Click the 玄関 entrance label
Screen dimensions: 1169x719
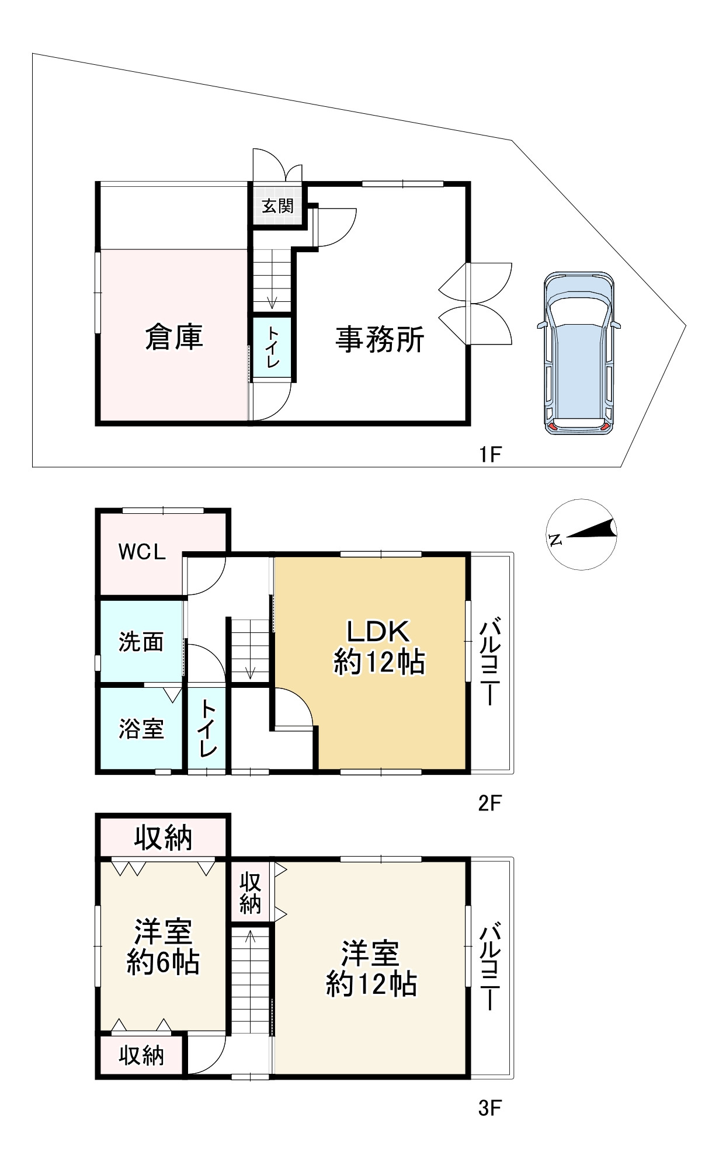[277, 206]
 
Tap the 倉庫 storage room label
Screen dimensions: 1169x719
[174, 338]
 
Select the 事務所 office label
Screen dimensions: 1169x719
[380, 339]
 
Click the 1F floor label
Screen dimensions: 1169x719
[490, 454]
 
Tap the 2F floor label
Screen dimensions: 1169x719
[490, 803]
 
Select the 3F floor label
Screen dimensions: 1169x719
[490, 1108]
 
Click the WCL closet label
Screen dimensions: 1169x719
[142, 552]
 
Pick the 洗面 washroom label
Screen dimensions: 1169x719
[141, 642]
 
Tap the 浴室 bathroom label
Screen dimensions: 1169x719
[141, 729]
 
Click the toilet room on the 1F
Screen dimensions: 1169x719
[272, 347]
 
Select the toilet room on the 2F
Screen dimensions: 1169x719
[208, 729]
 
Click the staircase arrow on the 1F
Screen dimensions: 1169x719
[272, 302]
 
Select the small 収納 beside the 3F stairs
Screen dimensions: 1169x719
[250, 893]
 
